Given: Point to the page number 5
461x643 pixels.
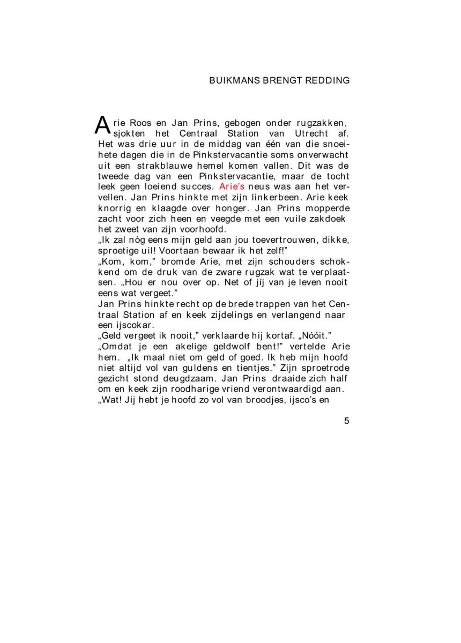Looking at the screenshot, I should click(346, 421).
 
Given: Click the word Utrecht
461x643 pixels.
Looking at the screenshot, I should click(314, 133).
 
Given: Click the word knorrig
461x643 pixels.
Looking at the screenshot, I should click(113, 208).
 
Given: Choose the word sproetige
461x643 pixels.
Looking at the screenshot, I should click(117, 250).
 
